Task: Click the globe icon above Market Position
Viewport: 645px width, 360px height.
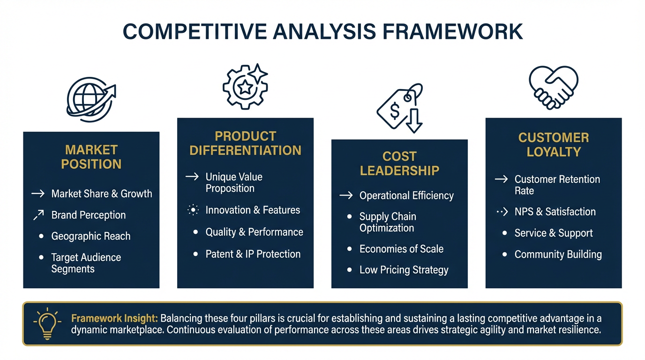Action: tap(90, 99)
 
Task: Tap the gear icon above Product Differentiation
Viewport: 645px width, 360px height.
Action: tap(245, 86)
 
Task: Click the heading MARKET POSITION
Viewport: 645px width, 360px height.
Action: tap(91, 157)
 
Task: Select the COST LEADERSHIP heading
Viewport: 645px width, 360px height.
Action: tap(399, 164)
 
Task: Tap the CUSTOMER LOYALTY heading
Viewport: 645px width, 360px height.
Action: tap(553, 145)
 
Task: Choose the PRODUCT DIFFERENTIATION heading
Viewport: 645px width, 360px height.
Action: tap(245, 143)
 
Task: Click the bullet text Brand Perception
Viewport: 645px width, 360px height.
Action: tap(89, 215)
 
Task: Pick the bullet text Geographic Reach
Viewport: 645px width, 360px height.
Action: tap(91, 236)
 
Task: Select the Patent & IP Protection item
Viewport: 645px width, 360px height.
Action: tap(253, 254)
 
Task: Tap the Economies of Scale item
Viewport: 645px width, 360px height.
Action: tap(401, 249)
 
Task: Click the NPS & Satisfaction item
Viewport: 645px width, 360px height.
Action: tap(555, 212)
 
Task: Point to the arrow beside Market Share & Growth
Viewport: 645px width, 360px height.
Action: tap(38, 194)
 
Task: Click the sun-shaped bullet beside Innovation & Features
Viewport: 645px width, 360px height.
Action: tap(193, 210)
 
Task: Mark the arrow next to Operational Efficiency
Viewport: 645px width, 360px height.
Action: tap(346, 195)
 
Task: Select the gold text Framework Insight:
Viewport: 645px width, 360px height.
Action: tap(114, 318)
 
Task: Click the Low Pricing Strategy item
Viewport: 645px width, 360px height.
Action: tap(404, 270)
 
